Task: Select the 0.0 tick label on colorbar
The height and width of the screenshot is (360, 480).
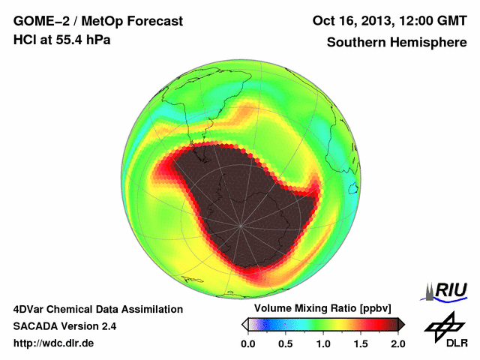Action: (x=248, y=343)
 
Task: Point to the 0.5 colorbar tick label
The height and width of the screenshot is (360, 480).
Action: (x=286, y=343)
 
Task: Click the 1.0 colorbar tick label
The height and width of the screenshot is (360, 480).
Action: (x=323, y=343)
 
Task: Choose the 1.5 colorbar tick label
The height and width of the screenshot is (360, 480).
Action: (x=361, y=343)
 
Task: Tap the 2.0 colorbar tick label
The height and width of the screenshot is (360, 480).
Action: (x=398, y=343)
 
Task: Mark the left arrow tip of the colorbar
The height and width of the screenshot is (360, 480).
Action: (x=244, y=324)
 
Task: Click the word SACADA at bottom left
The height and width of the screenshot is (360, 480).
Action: (x=37, y=326)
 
